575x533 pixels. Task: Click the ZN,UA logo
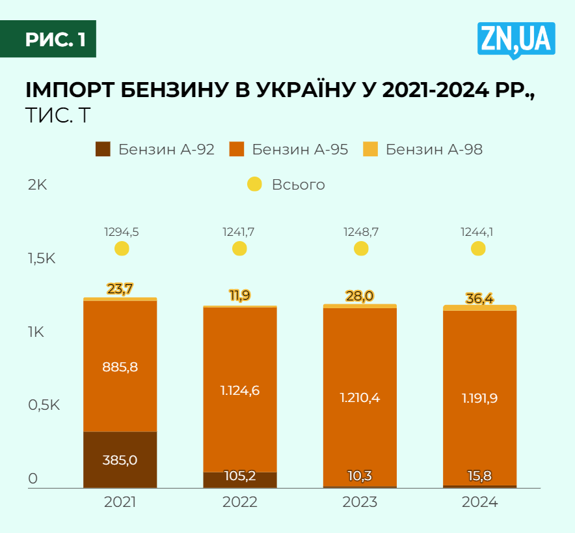516,40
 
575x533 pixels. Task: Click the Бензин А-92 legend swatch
103,149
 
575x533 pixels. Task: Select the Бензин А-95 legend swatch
237,149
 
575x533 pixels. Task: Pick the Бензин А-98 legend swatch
370,149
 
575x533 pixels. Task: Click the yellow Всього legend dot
255,184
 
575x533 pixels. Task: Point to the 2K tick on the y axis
37,184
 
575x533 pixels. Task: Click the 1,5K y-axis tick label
42,258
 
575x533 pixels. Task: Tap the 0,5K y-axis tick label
44,405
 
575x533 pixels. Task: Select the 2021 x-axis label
120,502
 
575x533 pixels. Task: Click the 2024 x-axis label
479,502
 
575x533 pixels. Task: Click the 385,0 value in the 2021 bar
120,460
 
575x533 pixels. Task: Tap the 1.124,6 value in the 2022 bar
239,391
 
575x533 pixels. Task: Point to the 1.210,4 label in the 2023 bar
360,397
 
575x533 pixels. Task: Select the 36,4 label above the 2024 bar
479,298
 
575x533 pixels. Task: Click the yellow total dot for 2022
240,249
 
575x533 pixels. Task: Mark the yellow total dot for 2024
478,249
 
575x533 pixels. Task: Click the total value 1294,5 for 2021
122,231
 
